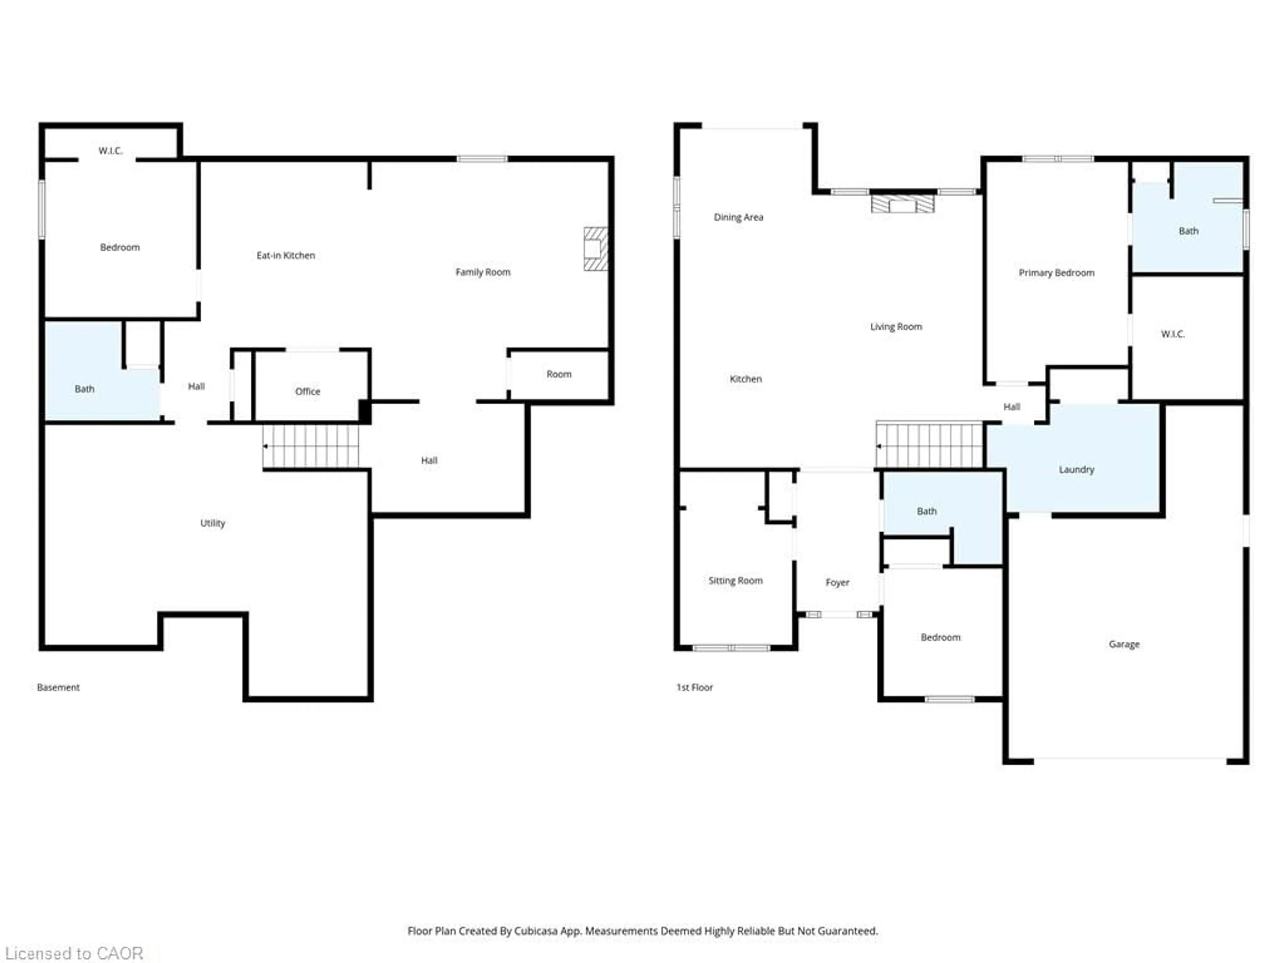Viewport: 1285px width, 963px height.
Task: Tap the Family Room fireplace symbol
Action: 595,248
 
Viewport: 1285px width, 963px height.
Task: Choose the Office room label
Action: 307,391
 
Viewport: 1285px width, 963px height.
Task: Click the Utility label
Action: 212,523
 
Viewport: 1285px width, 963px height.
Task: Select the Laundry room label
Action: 1076,469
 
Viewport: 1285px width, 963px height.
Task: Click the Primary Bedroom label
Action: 1056,273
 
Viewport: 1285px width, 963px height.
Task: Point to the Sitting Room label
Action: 735,580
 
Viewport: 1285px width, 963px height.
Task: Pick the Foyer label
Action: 837,582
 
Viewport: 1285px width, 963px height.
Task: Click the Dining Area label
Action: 738,217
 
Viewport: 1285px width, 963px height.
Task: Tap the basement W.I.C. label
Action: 110,151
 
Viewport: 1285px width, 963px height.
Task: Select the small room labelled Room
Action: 558,374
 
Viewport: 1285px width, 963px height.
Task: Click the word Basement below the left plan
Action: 58,687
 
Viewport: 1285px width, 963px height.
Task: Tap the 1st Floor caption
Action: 694,687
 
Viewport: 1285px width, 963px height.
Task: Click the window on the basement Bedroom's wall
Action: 41,209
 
